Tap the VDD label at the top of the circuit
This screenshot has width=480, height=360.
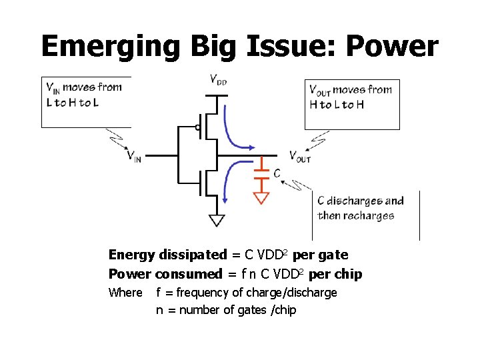[217, 81]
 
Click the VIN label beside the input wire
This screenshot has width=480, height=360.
[134, 157]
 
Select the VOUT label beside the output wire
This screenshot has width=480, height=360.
[299, 157]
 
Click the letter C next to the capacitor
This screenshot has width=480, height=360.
[277, 173]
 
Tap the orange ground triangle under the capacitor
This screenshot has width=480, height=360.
[261, 197]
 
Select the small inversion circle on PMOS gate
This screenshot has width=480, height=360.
[197, 127]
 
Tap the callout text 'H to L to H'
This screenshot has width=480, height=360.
[337, 105]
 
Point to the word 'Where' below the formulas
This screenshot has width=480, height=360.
[125, 293]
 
